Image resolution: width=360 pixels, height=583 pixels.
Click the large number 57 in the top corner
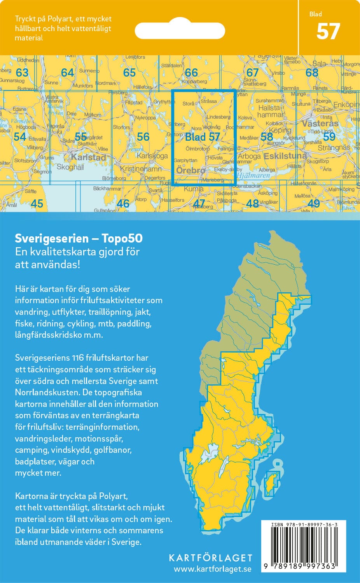coord(328,32)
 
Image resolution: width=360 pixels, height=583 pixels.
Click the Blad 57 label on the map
coord(203,137)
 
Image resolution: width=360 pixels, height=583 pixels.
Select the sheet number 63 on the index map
coord(22,73)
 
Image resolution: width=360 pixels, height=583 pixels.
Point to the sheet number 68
coord(312,73)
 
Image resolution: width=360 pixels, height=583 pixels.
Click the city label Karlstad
coord(88,157)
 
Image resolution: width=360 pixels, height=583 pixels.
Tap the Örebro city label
coord(190,171)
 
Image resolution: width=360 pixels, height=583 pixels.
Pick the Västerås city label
coord(320,124)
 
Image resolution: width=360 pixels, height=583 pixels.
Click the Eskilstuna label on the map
coord(285,156)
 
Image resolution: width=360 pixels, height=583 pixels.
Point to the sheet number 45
coord(37,203)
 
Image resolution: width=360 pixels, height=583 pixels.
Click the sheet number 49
coord(313,203)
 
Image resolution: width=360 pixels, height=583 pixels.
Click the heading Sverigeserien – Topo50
coord(79,238)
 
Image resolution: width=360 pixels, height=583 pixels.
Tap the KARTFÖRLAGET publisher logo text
coord(210,558)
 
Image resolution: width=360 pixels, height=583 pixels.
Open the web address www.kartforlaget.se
coord(212,569)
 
